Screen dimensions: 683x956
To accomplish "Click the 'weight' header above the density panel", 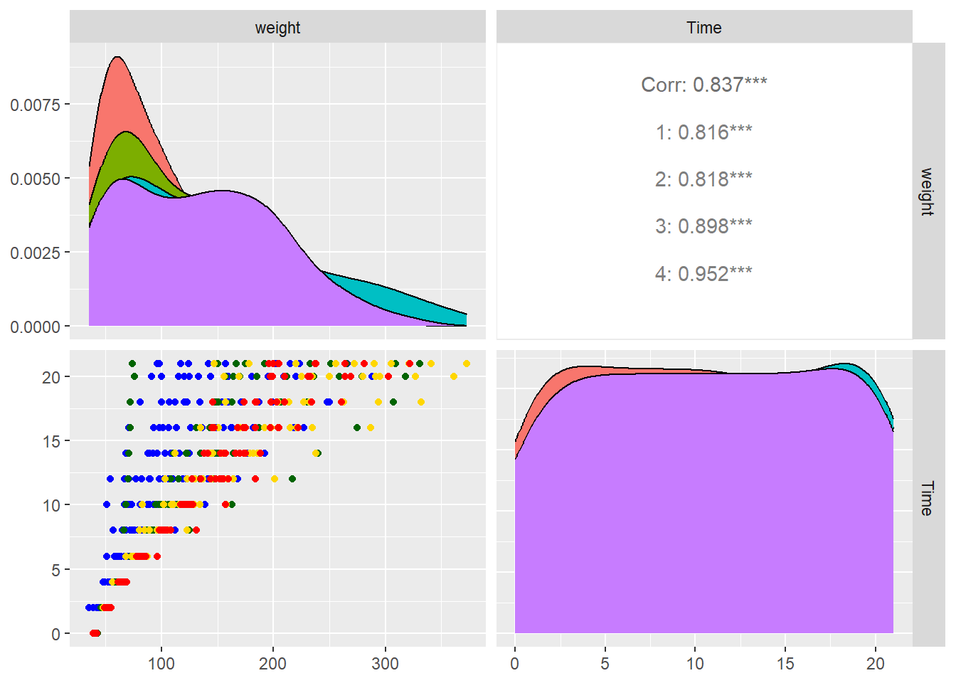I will coord(277,28).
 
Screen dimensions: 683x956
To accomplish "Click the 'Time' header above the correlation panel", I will coord(703,28).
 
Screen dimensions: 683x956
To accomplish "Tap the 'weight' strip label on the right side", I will coord(926,191).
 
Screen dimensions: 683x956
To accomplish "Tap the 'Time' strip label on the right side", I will coord(926,498).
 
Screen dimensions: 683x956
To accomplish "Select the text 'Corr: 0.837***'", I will coord(703,85).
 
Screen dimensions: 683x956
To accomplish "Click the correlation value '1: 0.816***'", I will coord(703,132).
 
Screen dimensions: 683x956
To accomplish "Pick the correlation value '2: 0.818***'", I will coord(703,179).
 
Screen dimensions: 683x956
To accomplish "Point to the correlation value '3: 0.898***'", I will coord(703,226).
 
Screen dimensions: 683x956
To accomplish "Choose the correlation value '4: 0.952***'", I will coord(703,274).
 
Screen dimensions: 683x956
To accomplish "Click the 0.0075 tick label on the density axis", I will coord(35,105).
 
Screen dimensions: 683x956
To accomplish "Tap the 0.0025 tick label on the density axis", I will coord(35,253).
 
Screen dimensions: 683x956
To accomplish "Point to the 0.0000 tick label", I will coord(35,327).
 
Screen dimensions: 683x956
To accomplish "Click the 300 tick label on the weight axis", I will coord(385,664).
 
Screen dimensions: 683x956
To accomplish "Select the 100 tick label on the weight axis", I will coord(161,664).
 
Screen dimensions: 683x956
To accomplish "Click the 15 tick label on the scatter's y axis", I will coord(51,441).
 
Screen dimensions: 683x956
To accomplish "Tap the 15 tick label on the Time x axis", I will coord(785,664).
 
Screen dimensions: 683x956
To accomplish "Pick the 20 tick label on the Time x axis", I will coord(875,664).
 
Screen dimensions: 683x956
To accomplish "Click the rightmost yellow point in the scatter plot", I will coord(467,364).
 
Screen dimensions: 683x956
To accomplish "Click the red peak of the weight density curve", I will coord(116,58).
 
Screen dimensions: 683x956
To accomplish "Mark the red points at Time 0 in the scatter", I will coord(95,633).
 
